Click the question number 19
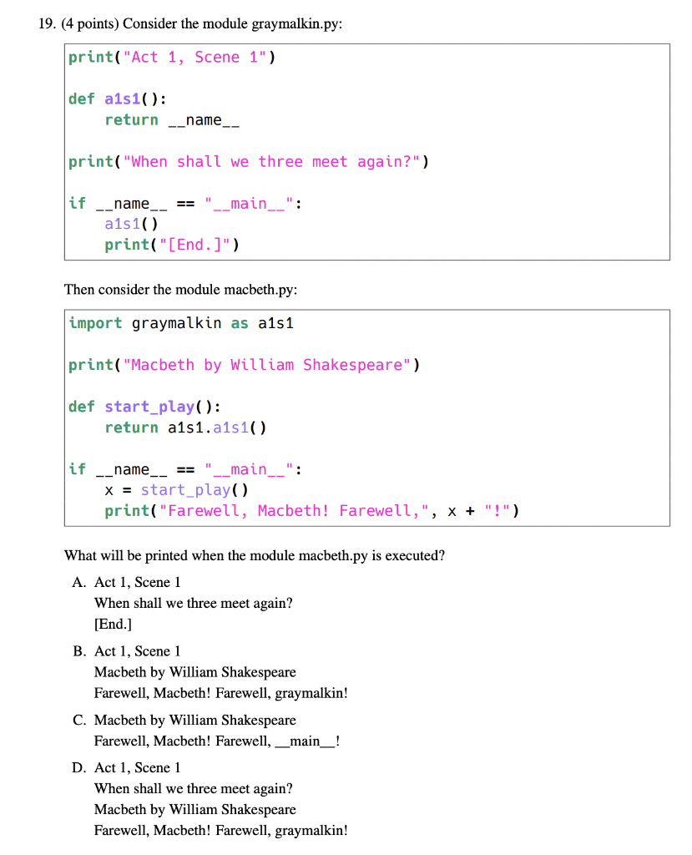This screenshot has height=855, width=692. tap(47, 24)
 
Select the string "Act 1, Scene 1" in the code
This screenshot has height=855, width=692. tap(194, 58)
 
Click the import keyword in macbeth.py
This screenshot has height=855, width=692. tap(95, 323)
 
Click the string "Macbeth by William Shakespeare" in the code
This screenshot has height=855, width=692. tap(267, 365)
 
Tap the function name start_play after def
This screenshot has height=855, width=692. tap(149, 407)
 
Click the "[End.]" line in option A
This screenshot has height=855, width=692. tap(113, 624)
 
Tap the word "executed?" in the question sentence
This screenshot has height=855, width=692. tap(416, 556)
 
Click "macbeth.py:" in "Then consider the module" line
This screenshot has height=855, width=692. tap(260, 290)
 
